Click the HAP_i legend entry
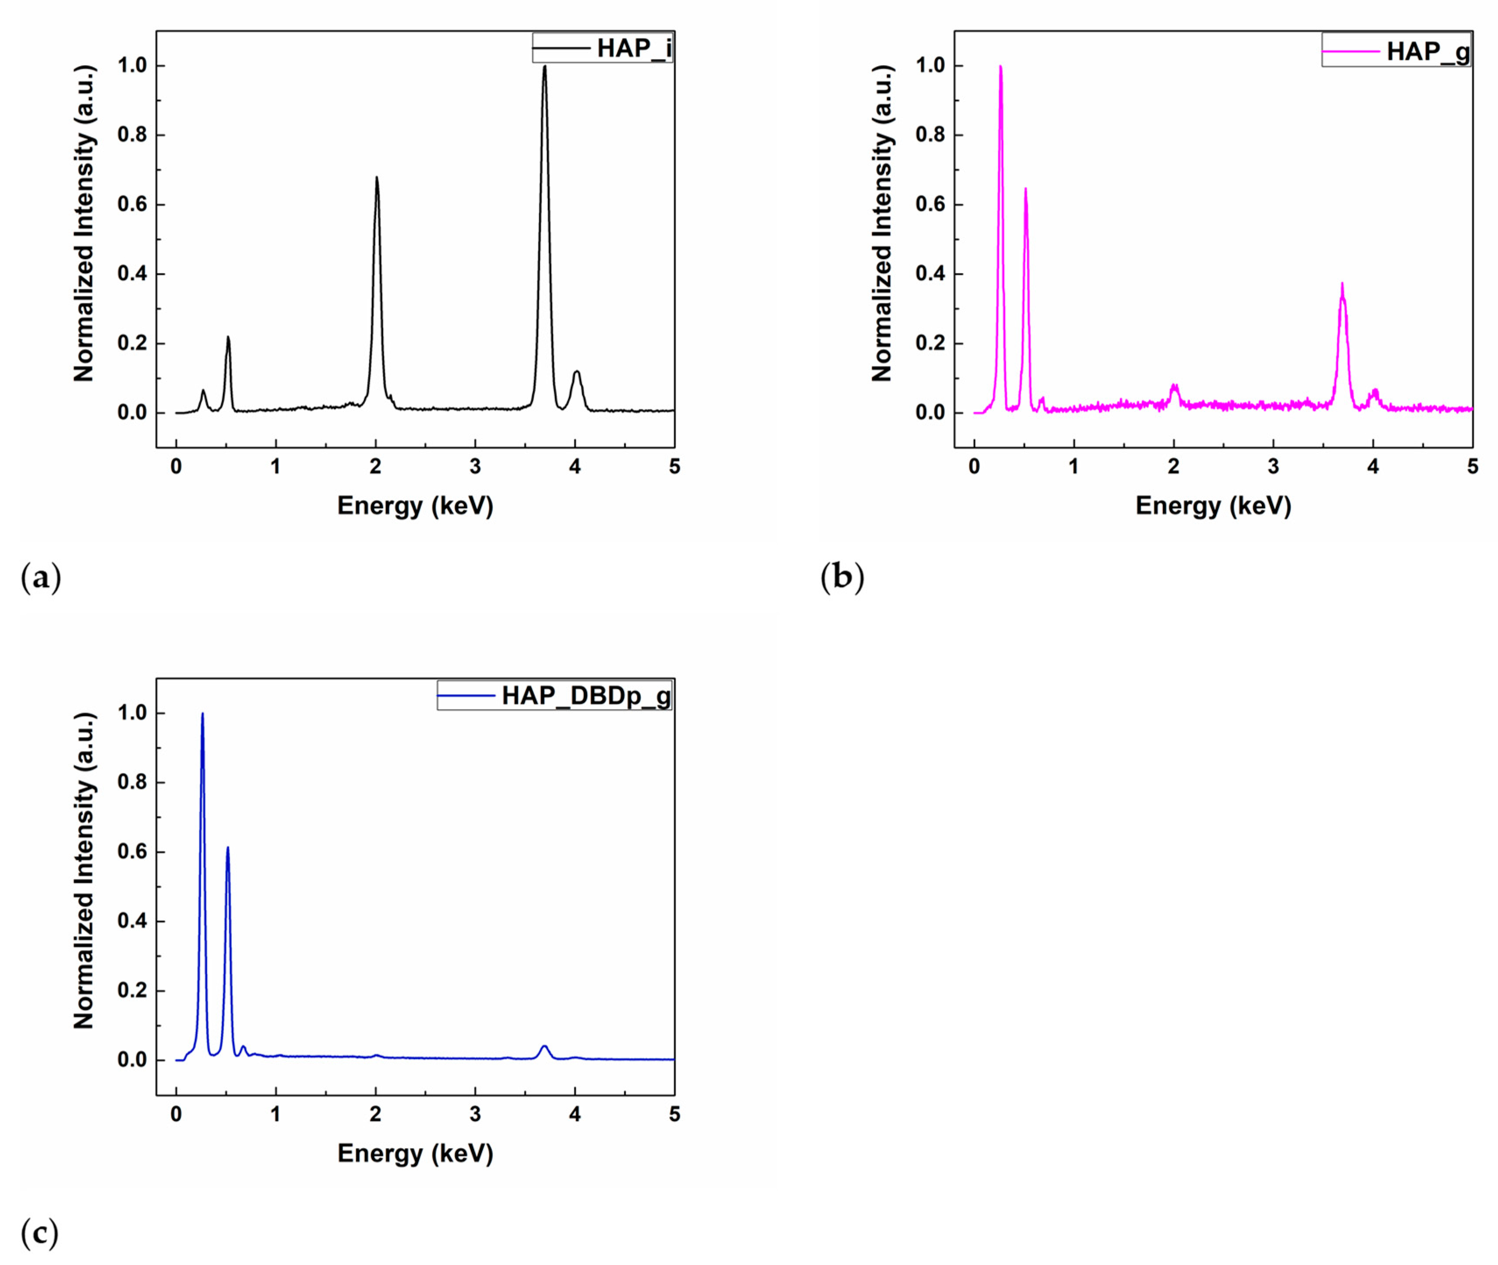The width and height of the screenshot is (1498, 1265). [603, 48]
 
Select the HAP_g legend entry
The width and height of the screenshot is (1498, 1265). [1396, 51]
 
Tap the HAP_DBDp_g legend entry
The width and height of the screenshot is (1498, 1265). [555, 695]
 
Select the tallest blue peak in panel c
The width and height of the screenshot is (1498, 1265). [202, 715]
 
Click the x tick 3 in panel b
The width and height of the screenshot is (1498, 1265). [1273, 467]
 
